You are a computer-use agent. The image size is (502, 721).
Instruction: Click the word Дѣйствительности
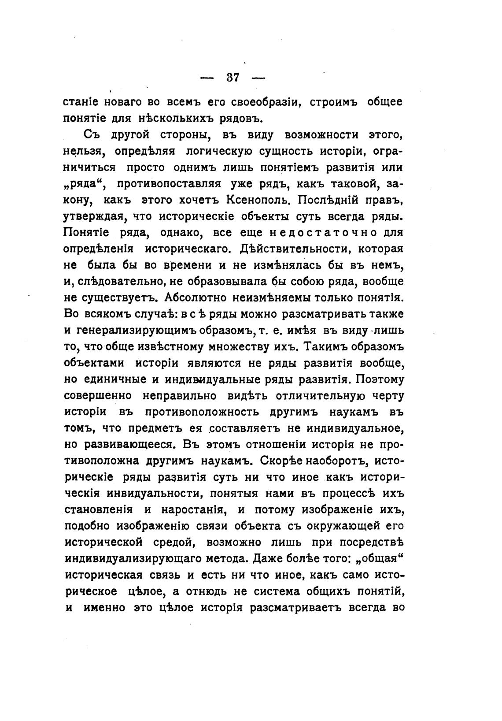pos(295,249)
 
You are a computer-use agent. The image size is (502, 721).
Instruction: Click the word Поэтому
pos(379,379)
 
